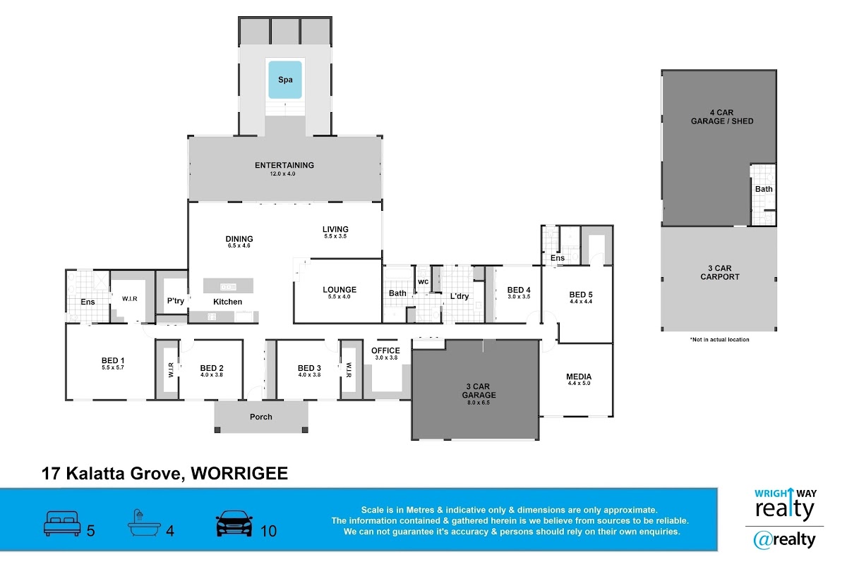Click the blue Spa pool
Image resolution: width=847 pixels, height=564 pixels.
point(285,80)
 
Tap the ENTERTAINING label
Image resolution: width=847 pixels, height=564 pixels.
point(284,165)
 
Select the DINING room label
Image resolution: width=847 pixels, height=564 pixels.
point(239,239)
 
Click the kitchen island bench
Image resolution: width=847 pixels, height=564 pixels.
point(229,286)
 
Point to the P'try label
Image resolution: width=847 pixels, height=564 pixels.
point(176,301)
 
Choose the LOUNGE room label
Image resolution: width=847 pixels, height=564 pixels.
point(340,290)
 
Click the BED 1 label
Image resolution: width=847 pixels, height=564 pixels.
point(113,360)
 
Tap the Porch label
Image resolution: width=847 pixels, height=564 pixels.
point(261,417)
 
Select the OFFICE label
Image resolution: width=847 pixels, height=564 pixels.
point(385,350)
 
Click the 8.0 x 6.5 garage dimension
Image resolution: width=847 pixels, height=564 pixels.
point(479,403)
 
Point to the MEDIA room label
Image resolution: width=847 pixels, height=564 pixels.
point(579,376)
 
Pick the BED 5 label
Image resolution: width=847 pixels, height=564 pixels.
point(581,295)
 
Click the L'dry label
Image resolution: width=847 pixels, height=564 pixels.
point(459,296)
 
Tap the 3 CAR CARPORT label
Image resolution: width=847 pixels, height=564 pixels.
point(719,272)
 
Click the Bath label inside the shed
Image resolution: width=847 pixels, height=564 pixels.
point(764,189)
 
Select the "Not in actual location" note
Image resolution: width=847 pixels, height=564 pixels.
point(719,340)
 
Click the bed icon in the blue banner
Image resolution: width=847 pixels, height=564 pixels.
point(62,524)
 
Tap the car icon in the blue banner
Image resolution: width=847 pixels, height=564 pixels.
point(234,524)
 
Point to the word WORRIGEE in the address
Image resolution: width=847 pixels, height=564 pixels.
point(239,473)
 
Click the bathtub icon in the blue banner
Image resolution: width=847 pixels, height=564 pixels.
point(144,523)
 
